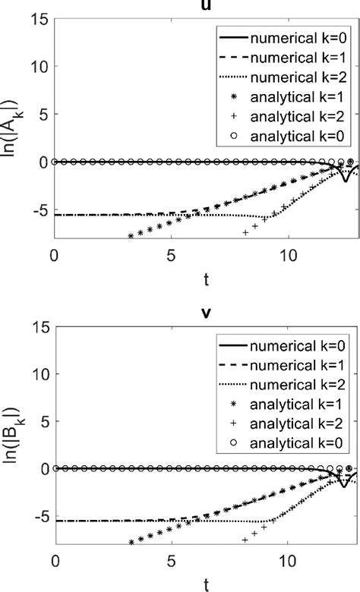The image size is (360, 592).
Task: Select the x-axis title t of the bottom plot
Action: click(205, 583)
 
